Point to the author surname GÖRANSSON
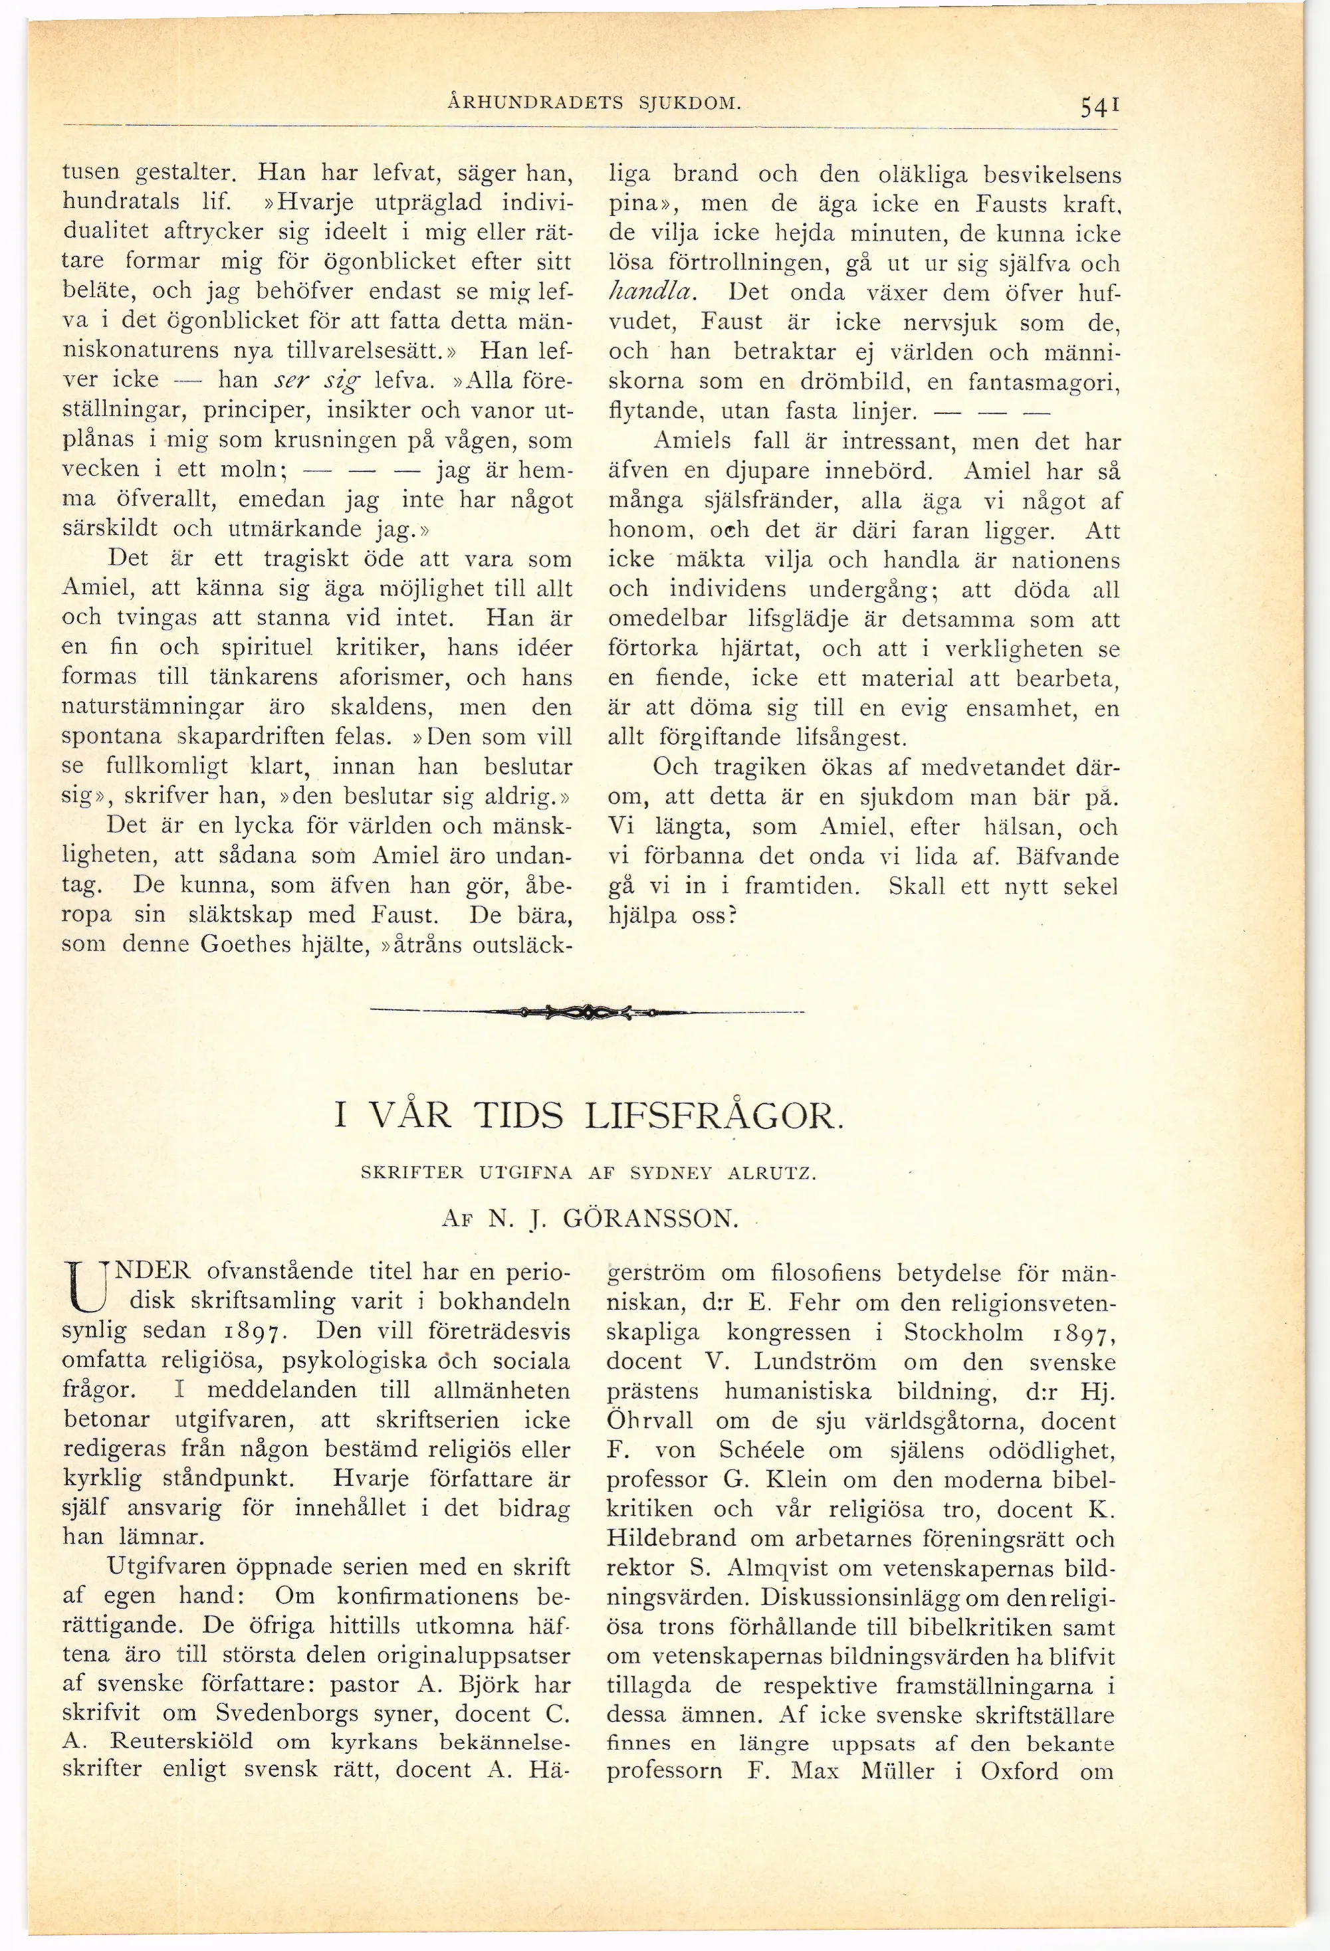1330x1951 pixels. pos(650,1219)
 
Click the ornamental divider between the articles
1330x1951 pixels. pos(587,1013)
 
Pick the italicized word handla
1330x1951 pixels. pos(651,293)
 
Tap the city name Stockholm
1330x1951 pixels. pos(963,1332)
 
